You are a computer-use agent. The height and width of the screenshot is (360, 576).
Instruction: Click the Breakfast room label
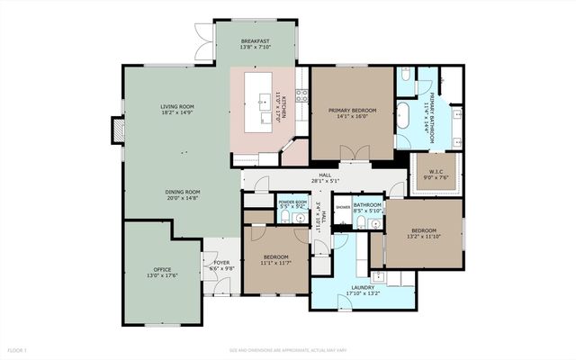(x=256, y=41)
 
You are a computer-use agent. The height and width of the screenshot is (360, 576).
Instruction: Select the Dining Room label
(x=182, y=192)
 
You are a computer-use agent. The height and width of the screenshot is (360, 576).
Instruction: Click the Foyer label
(x=220, y=265)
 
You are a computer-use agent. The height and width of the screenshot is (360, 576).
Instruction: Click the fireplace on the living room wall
(x=114, y=130)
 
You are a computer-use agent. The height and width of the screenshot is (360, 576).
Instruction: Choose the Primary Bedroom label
(x=352, y=110)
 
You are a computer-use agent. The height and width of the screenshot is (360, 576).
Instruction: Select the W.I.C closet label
(x=435, y=174)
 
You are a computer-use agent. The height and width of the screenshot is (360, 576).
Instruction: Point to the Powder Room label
(x=293, y=202)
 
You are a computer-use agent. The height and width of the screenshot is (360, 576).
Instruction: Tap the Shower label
(x=343, y=207)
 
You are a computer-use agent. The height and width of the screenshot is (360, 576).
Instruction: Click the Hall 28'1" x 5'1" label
(x=325, y=179)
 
